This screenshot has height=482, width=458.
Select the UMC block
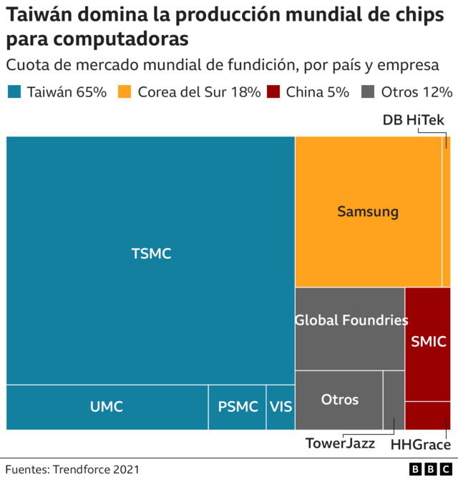click(x=107, y=407)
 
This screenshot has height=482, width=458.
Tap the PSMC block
click(x=238, y=407)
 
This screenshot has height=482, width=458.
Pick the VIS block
click(x=281, y=407)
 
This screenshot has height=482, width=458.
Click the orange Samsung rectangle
click(x=368, y=212)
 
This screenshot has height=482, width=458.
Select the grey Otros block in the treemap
click(x=338, y=400)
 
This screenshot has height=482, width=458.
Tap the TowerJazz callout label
click(x=340, y=443)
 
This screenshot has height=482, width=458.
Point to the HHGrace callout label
click(x=421, y=446)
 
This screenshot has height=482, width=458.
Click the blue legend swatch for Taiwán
click(x=15, y=92)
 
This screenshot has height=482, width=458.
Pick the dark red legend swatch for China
click(x=273, y=92)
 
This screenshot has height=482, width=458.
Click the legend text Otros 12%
click(x=416, y=92)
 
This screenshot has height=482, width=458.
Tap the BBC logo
click(x=430, y=470)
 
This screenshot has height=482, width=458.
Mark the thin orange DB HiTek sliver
click(x=446, y=212)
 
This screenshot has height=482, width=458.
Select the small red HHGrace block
click(x=428, y=415)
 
